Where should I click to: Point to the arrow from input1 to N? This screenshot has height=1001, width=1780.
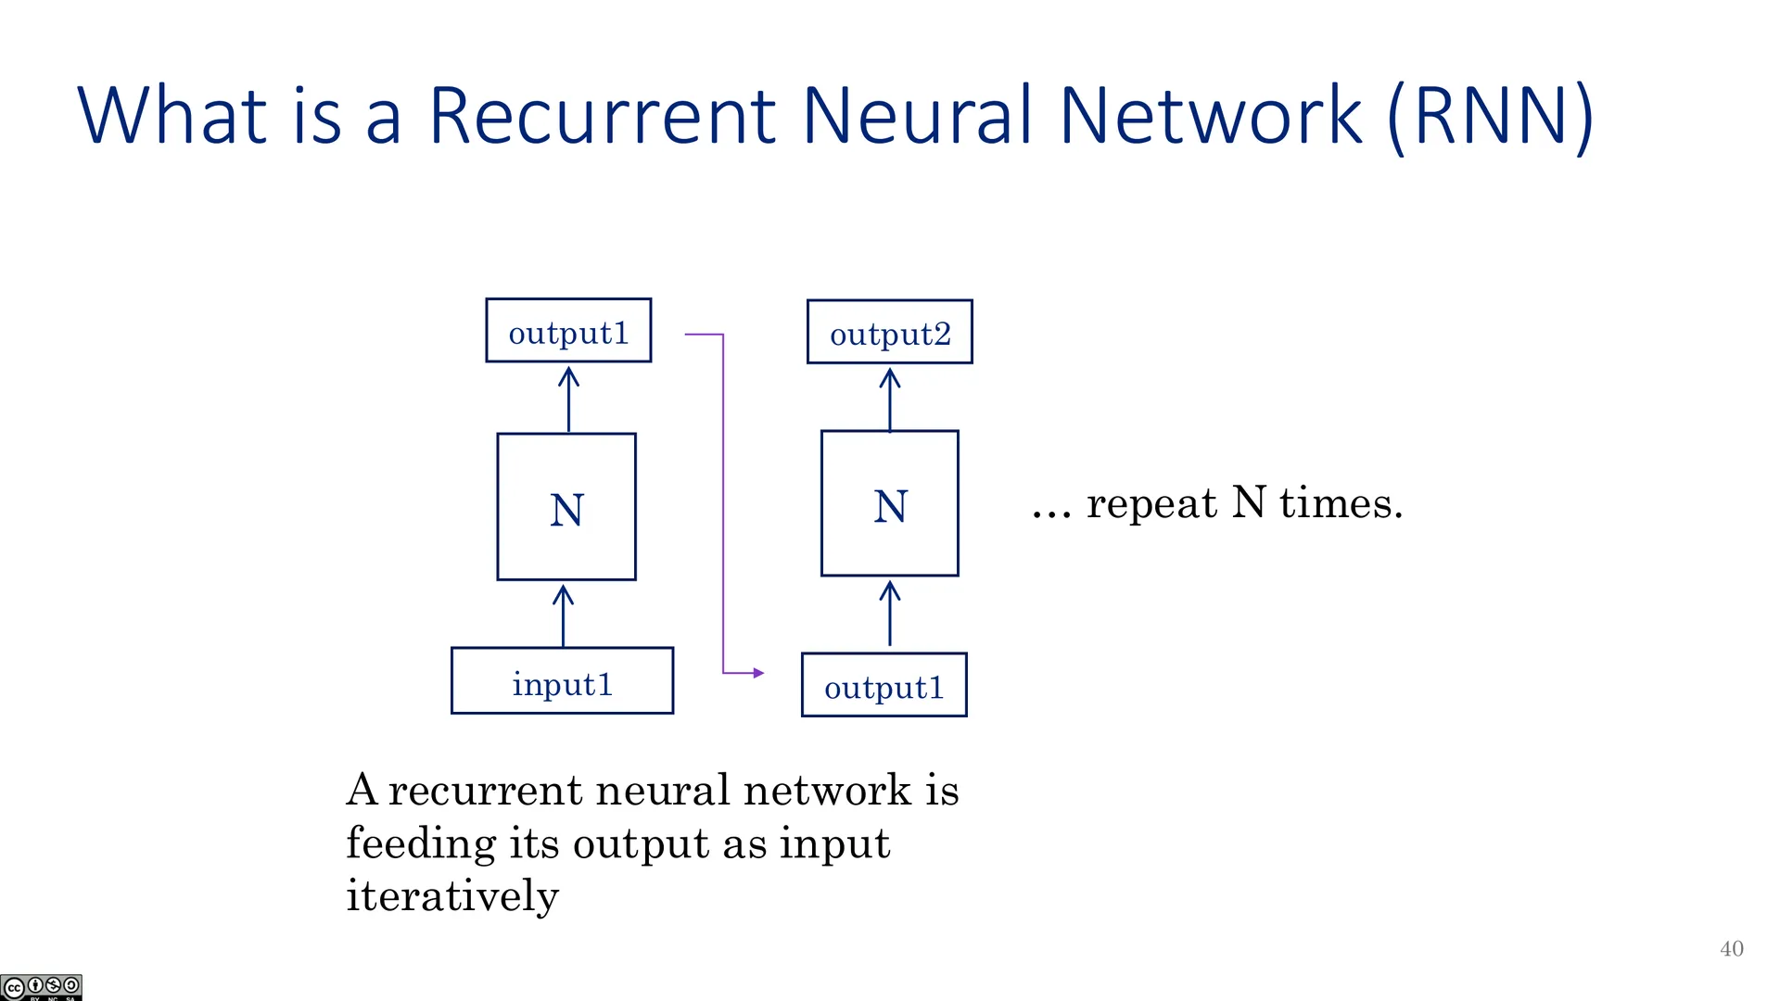[563, 615]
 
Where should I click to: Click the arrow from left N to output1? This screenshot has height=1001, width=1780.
[568, 399]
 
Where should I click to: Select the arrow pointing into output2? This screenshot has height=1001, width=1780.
[890, 399]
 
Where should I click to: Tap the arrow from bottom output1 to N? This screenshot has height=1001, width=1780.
[890, 613]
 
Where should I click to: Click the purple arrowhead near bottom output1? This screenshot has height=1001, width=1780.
[759, 673]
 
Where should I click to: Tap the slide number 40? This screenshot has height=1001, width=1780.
[1732, 948]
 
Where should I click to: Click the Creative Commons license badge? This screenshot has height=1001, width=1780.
[41, 987]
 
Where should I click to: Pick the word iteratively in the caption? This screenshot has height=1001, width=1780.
[452, 896]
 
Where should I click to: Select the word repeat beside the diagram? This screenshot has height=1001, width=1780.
[1151, 503]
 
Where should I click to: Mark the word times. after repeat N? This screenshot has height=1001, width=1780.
[1341, 502]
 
